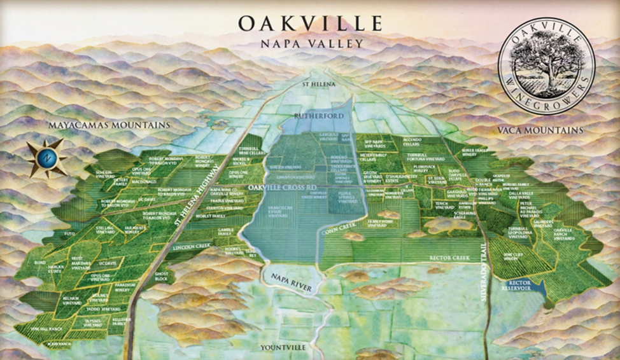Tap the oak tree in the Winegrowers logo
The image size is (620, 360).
546,59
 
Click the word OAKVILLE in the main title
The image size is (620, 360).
310,24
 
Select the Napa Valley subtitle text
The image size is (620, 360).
310,44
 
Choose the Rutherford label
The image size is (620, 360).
318,115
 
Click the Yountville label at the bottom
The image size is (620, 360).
283,347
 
